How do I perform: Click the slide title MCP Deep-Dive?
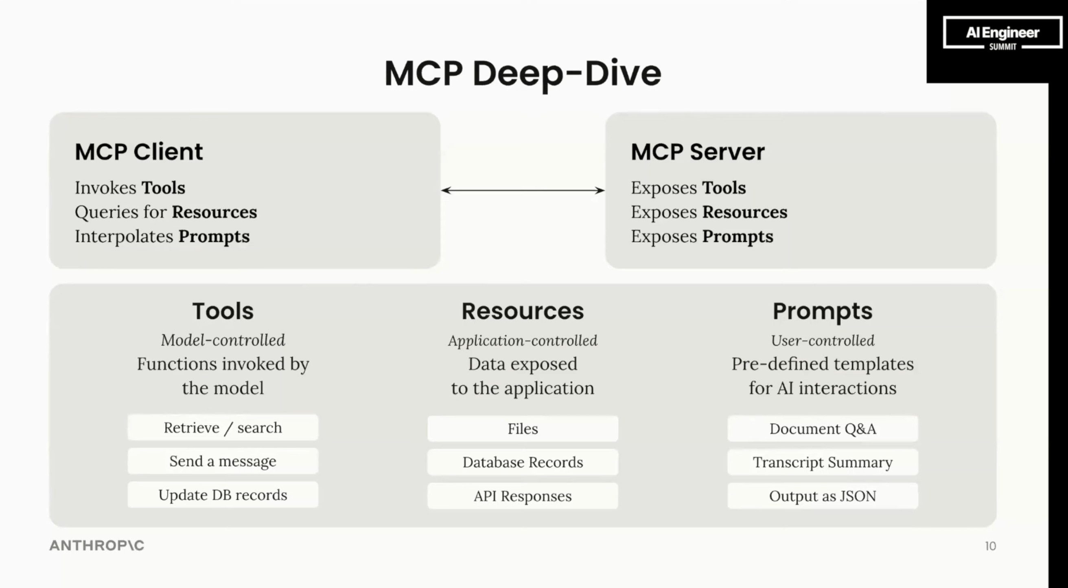click(x=523, y=73)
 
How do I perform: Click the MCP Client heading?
click(x=139, y=152)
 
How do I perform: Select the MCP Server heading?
click(x=698, y=152)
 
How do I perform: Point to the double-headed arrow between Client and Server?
click(x=523, y=190)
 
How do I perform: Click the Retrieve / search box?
click(x=223, y=428)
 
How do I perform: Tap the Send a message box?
click(x=223, y=461)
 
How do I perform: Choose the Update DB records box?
click(x=223, y=495)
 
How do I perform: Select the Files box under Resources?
click(x=523, y=429)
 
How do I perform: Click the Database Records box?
click(x=523, y=462)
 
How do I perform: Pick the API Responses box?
click(x=523, y=496)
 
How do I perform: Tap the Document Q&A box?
click(x=823, y=429)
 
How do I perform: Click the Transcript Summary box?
click(x=823, y=462)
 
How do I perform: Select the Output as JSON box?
click(x=823, y=496)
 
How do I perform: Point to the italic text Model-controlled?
click(x=223, y=340)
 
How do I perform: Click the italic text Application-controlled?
click(x=523, y=341)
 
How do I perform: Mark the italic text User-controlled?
click(x=823, y=341)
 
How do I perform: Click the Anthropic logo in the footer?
click(x=97, y=546)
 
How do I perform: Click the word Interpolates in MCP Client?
click(x=124, y=237)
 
